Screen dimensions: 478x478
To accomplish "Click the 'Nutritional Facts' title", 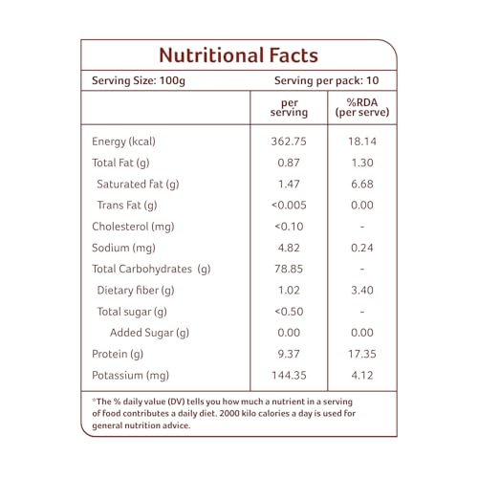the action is (239, 55).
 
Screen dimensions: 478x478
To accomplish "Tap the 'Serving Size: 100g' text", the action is (139, 80).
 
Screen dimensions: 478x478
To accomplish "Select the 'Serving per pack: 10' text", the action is (327, 80).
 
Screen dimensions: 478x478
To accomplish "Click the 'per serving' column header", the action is (289, 108).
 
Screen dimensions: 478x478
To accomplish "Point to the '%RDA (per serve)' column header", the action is (362, 107).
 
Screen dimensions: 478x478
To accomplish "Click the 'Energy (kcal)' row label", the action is (123, 141).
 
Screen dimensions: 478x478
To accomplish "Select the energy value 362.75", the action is (289, 141).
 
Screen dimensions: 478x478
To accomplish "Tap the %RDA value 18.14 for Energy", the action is (362, 141).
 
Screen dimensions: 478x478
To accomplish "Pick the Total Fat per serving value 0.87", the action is (289, 163).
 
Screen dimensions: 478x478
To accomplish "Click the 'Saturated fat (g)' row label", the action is (138, 185).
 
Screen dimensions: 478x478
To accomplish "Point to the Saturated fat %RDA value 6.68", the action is (362, 184).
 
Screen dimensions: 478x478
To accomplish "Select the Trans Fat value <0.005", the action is (289, 205).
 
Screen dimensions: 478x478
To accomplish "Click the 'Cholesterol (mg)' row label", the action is (133, 227).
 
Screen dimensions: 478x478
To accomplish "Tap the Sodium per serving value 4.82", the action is (289, 248).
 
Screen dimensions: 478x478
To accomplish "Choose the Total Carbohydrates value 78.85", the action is (289, 269).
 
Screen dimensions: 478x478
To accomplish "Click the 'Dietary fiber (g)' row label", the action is (136, 291).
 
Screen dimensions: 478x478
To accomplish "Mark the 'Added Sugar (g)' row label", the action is (149, 333).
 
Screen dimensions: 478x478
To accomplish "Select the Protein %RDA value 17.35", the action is (362, 354).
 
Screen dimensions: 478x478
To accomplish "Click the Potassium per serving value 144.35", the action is (289, 375).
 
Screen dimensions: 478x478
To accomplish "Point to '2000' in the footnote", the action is (229, 413).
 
